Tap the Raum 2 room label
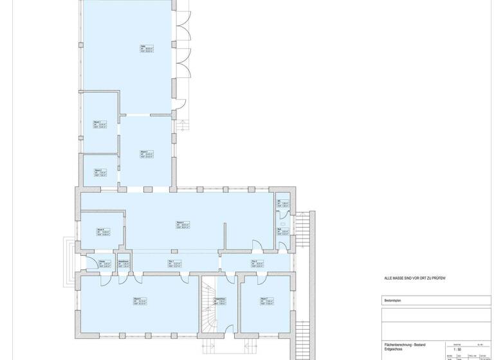click(x=98, y=170)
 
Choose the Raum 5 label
click(x=100, y=230)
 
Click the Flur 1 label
click(x=171, y=261)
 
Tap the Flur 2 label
click(x=255, y=261)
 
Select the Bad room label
click(x=280, y=230)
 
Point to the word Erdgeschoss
click(x=394, y=349)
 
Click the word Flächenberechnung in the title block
click(x=397, y=345)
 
